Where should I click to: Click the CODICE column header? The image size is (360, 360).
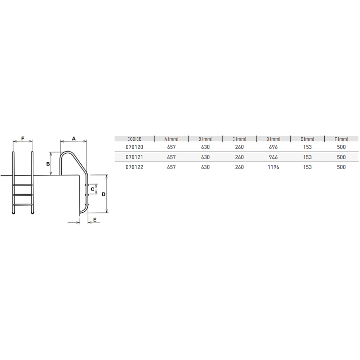point(134,139)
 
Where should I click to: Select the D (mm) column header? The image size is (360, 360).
point(273,139)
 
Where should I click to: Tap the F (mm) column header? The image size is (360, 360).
point(341,139)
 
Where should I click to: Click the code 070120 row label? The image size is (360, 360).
point(134,147)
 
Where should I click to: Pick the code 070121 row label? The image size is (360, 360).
point(134,157)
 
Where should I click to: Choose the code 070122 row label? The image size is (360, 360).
point(134,167)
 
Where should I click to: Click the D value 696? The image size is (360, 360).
point(273,147)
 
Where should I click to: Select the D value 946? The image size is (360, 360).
point(273,157)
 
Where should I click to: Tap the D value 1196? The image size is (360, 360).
point(273,167)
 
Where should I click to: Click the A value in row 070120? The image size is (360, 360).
point(171,147)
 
